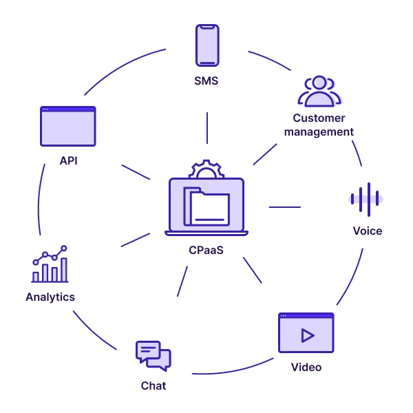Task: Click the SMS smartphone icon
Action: pyautogui.click(x=206, y=45)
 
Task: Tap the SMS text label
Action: pyautogui.click(x=206, y=81)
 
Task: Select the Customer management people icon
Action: pyautogui.click(x=319, y=91)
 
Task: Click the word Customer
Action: pyautogui.click(x=319, y=118)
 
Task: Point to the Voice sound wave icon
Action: pyautogui.click(x=365, y=199)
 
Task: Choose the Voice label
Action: pyautogui.click(x=367, y=231)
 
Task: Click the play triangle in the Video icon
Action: pyautogui.click(x=307, y=335)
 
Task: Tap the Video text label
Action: pyautogui.click(x=306, y=367)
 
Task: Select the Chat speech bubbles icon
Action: pyautogui.click(x=153, y=355)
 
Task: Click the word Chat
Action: pyautogui.click(x=153, y=385)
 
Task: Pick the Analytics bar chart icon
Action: pyautogui.click(x=50, y=265)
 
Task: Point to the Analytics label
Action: pyautogui.click(x=50, y=297)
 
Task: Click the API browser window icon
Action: pyautogui.click(x=67, y=126)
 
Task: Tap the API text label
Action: pyautogui.click(x=67, y=162)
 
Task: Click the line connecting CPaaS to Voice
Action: pyautogui.click(x=284, y=206)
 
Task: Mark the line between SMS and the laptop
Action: pyautogui.click(x=206, y=128)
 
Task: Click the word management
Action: pyautogui.click(x=319, y=131)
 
